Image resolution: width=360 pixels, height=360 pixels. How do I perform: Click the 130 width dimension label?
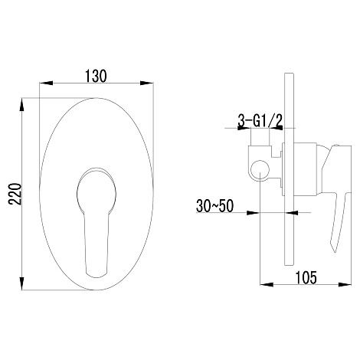pos(96,76)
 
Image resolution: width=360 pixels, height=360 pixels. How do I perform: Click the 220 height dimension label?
pos(15,194)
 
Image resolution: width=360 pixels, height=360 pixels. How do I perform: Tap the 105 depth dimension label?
pos(306,277)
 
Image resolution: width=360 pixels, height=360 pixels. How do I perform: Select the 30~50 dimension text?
pos(214,206)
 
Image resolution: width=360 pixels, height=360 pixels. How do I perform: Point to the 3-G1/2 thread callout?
pos(260,120)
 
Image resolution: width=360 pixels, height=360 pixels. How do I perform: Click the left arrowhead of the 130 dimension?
pos(46,83)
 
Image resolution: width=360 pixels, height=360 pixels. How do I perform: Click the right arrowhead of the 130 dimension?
pos(147,83)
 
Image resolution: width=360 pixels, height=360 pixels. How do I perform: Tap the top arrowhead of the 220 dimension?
pos(22,105)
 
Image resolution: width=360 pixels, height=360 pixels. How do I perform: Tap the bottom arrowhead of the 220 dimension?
pos(22,283)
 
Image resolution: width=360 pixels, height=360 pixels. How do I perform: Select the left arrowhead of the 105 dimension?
pos(267,284)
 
